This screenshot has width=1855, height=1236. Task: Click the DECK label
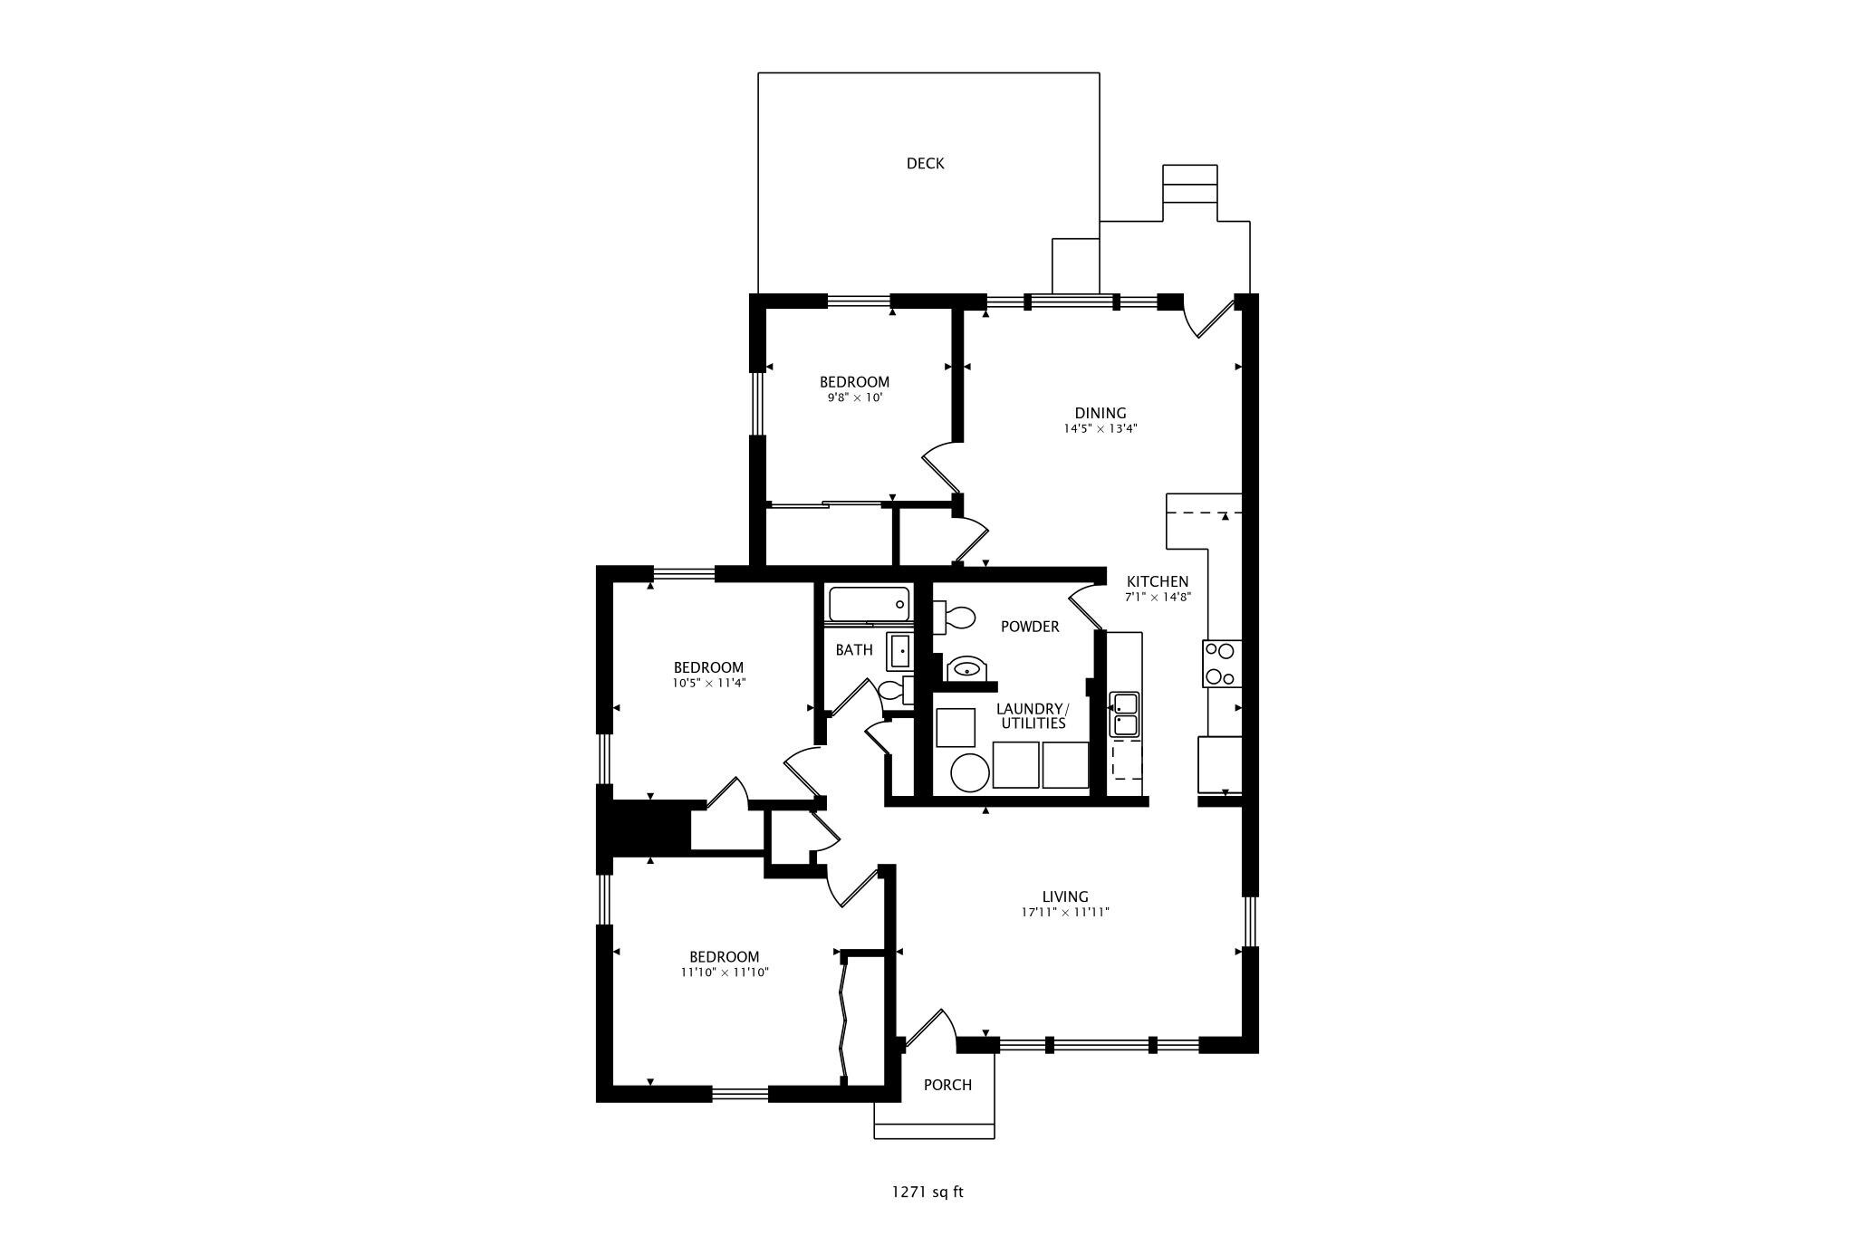(925, 163)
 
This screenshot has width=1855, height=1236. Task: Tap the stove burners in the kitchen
(1221, 664)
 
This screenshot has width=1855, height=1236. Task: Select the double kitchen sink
(1124, 714)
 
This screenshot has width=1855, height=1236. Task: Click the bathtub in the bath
(869, 604)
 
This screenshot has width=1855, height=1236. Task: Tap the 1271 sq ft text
(927, 1192)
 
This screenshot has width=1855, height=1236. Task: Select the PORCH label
(947, 1085)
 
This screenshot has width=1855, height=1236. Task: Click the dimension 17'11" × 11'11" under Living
(1064, 913)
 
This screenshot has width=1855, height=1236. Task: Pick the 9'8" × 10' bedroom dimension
(854, 398)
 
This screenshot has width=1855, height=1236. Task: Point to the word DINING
(1101, 413)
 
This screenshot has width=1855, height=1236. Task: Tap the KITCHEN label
(1157, 581)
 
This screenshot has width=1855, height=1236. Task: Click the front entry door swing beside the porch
(931, 1030)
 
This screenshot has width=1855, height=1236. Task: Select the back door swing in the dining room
(1210, 318)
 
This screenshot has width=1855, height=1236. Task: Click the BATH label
(854, 649)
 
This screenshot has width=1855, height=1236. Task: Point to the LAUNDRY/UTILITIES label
(1033, 715)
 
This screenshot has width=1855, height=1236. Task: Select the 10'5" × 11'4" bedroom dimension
(708, 684)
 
